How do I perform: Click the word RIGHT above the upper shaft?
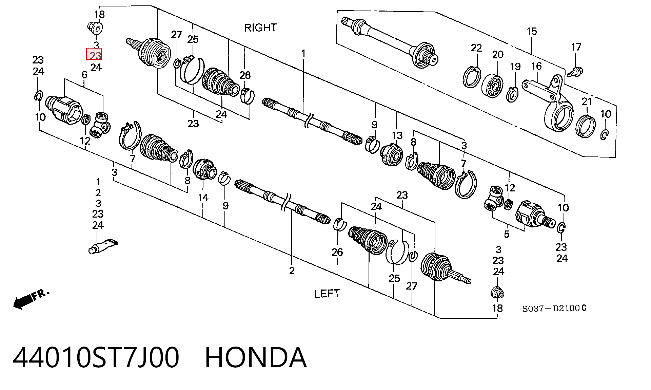(260, 27)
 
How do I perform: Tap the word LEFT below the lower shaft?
(327, 294)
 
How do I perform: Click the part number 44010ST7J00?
(96, 357)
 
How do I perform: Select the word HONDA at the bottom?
(256, 357)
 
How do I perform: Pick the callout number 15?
(532, 32)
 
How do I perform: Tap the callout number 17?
(576, 47)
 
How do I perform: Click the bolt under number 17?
(575, 72)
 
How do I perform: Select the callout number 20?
(497, 54)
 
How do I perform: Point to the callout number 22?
(476, 48)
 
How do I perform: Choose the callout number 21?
(587, 101)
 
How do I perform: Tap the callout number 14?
(203, 197)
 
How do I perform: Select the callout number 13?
(397, 135)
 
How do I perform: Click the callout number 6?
(84, 75)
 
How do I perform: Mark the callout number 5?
(507, 234)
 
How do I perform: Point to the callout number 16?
(536, 66)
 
